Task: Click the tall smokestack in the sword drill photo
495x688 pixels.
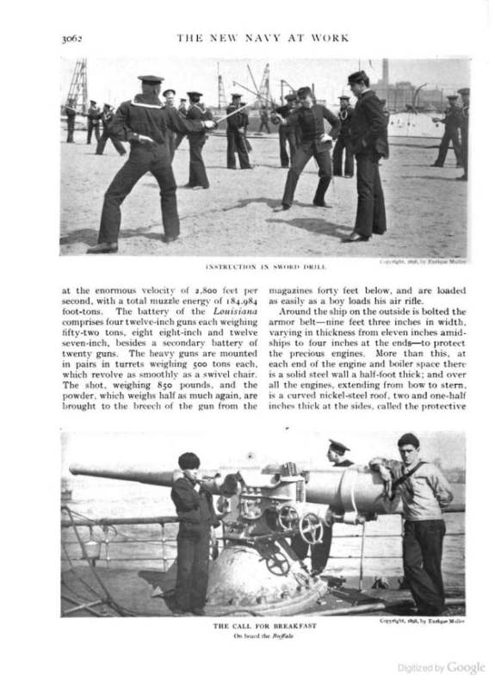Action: click(x=385, y=72)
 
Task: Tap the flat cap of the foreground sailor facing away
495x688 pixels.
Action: click(x=151, y=79)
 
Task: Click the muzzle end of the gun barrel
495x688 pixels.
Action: click(x=73, y=470)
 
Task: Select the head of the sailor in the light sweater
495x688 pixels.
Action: click(x=410, y=447)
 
